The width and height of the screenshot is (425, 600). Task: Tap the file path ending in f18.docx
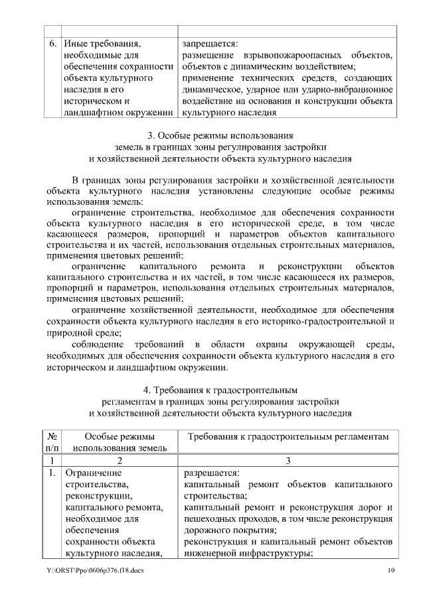tap(95, 571)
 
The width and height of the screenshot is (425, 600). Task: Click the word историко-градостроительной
tap(325, 321)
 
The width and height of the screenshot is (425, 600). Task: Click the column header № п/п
tap(52, 443)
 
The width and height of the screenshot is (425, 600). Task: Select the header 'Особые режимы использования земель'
tap(120, 443)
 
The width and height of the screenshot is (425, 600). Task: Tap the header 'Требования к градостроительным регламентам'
tap(287, 438)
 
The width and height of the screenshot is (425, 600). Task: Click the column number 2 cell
tap(120, 460)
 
